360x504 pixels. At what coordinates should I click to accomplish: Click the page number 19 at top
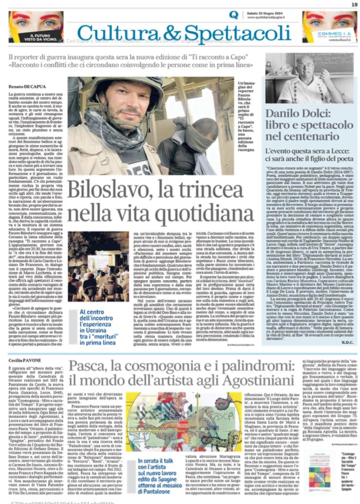point(354,4)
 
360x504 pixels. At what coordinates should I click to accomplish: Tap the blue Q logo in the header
point(233,15)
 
